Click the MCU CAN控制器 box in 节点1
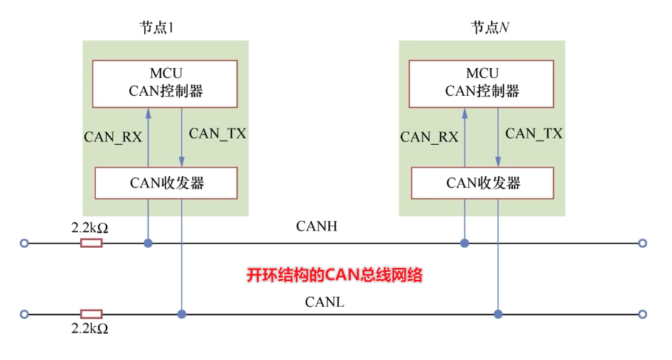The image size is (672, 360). point(165,83)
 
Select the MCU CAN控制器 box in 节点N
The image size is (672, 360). point(482,83)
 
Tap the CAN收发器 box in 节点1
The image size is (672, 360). point(165,183)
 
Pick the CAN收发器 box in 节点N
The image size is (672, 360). point(482,183)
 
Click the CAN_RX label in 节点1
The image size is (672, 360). point(113,137)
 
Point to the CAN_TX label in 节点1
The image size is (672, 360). point(217,133)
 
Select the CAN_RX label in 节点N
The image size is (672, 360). point(429,137)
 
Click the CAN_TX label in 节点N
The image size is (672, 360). point(533,133)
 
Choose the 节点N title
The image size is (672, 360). point(490,28)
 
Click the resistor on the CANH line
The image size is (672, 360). point(91,243)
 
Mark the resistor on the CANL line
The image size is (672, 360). point(91,314)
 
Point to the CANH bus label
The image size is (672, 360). point(316,227)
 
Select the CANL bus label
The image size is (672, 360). point(325,302)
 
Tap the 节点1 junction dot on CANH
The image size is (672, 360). point(148,243)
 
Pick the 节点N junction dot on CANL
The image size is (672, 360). point(498,314)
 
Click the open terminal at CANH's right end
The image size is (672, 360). point(642,243)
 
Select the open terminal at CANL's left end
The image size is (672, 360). point(25,314)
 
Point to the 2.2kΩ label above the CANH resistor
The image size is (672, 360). point(90,229)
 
